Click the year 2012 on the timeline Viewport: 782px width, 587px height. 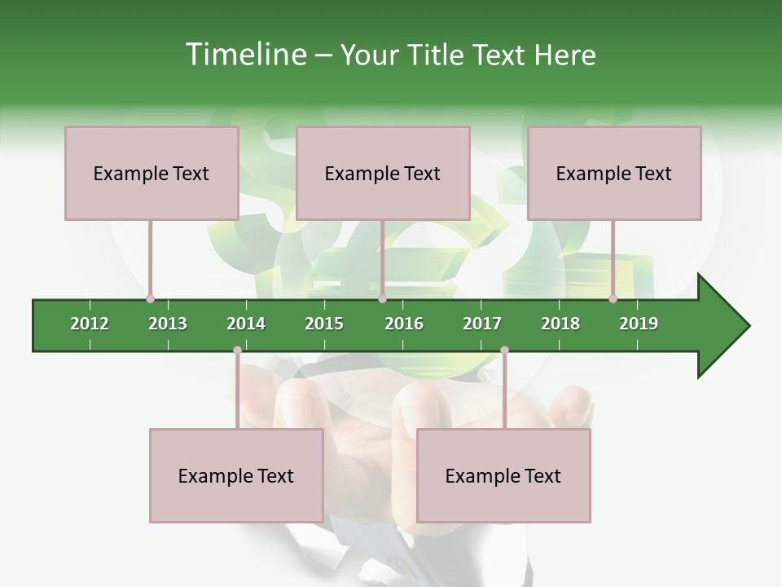pyautogui.click(x=90, y=324)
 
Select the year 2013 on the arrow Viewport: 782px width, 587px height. pyautogui.click(x=168, y=324)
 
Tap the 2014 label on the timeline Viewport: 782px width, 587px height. pyautogui.click(x=246, y=324)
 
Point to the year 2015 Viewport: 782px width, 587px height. pyautogui.click(x=324, y=324)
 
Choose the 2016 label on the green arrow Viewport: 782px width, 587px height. pyautogui.click(x=404, y=324)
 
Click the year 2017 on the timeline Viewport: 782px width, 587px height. pyautogui.click(x=482, y=324)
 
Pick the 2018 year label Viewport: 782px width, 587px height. pyautogui.click(x=560, y=324)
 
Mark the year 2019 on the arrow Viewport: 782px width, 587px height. pyautogui.click(x=639, y=324)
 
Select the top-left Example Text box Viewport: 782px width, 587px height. pyautogui.click(x=152, y=173)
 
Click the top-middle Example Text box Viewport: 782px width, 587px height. pyautogui.click(x=383, y=173)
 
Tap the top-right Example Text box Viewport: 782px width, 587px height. pyautogui.click(x=614, y=173)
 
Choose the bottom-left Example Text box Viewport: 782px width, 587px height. pyautogui.click(x=236, y=475)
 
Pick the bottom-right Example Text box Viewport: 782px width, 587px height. pyautogui.click(x=503, y=475)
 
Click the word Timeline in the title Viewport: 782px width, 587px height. pyautogui.click(x=244, y=55)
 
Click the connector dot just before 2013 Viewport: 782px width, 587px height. pyautogui.click(x=150, y=298)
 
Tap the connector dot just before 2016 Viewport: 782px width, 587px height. pyautogui.click(x=382, y=298)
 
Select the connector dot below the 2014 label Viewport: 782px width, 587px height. pyautogui.click(x=237, y=351)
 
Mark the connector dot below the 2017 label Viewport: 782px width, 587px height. pyautogui.click(x=504, y=351)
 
